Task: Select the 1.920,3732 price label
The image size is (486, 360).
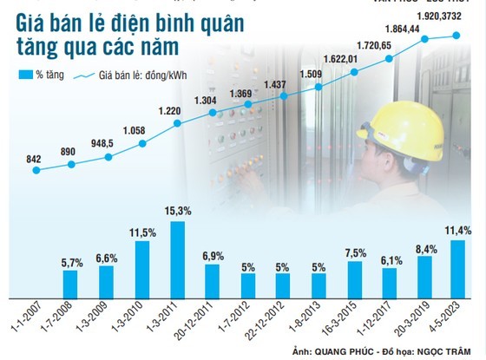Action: click(x=459, y=16)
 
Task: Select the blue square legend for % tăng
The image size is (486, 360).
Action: click(x=25, y=75)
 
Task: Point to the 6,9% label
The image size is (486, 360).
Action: click(x=213, y=255)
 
